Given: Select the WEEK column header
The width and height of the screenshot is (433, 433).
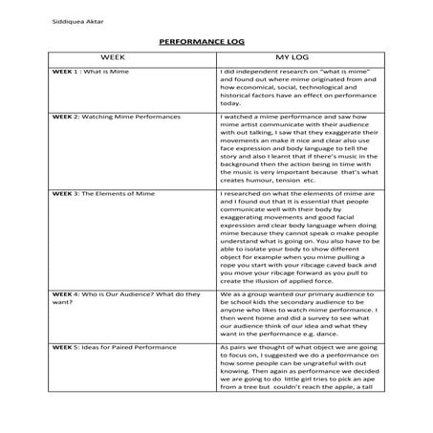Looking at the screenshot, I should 114,59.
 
